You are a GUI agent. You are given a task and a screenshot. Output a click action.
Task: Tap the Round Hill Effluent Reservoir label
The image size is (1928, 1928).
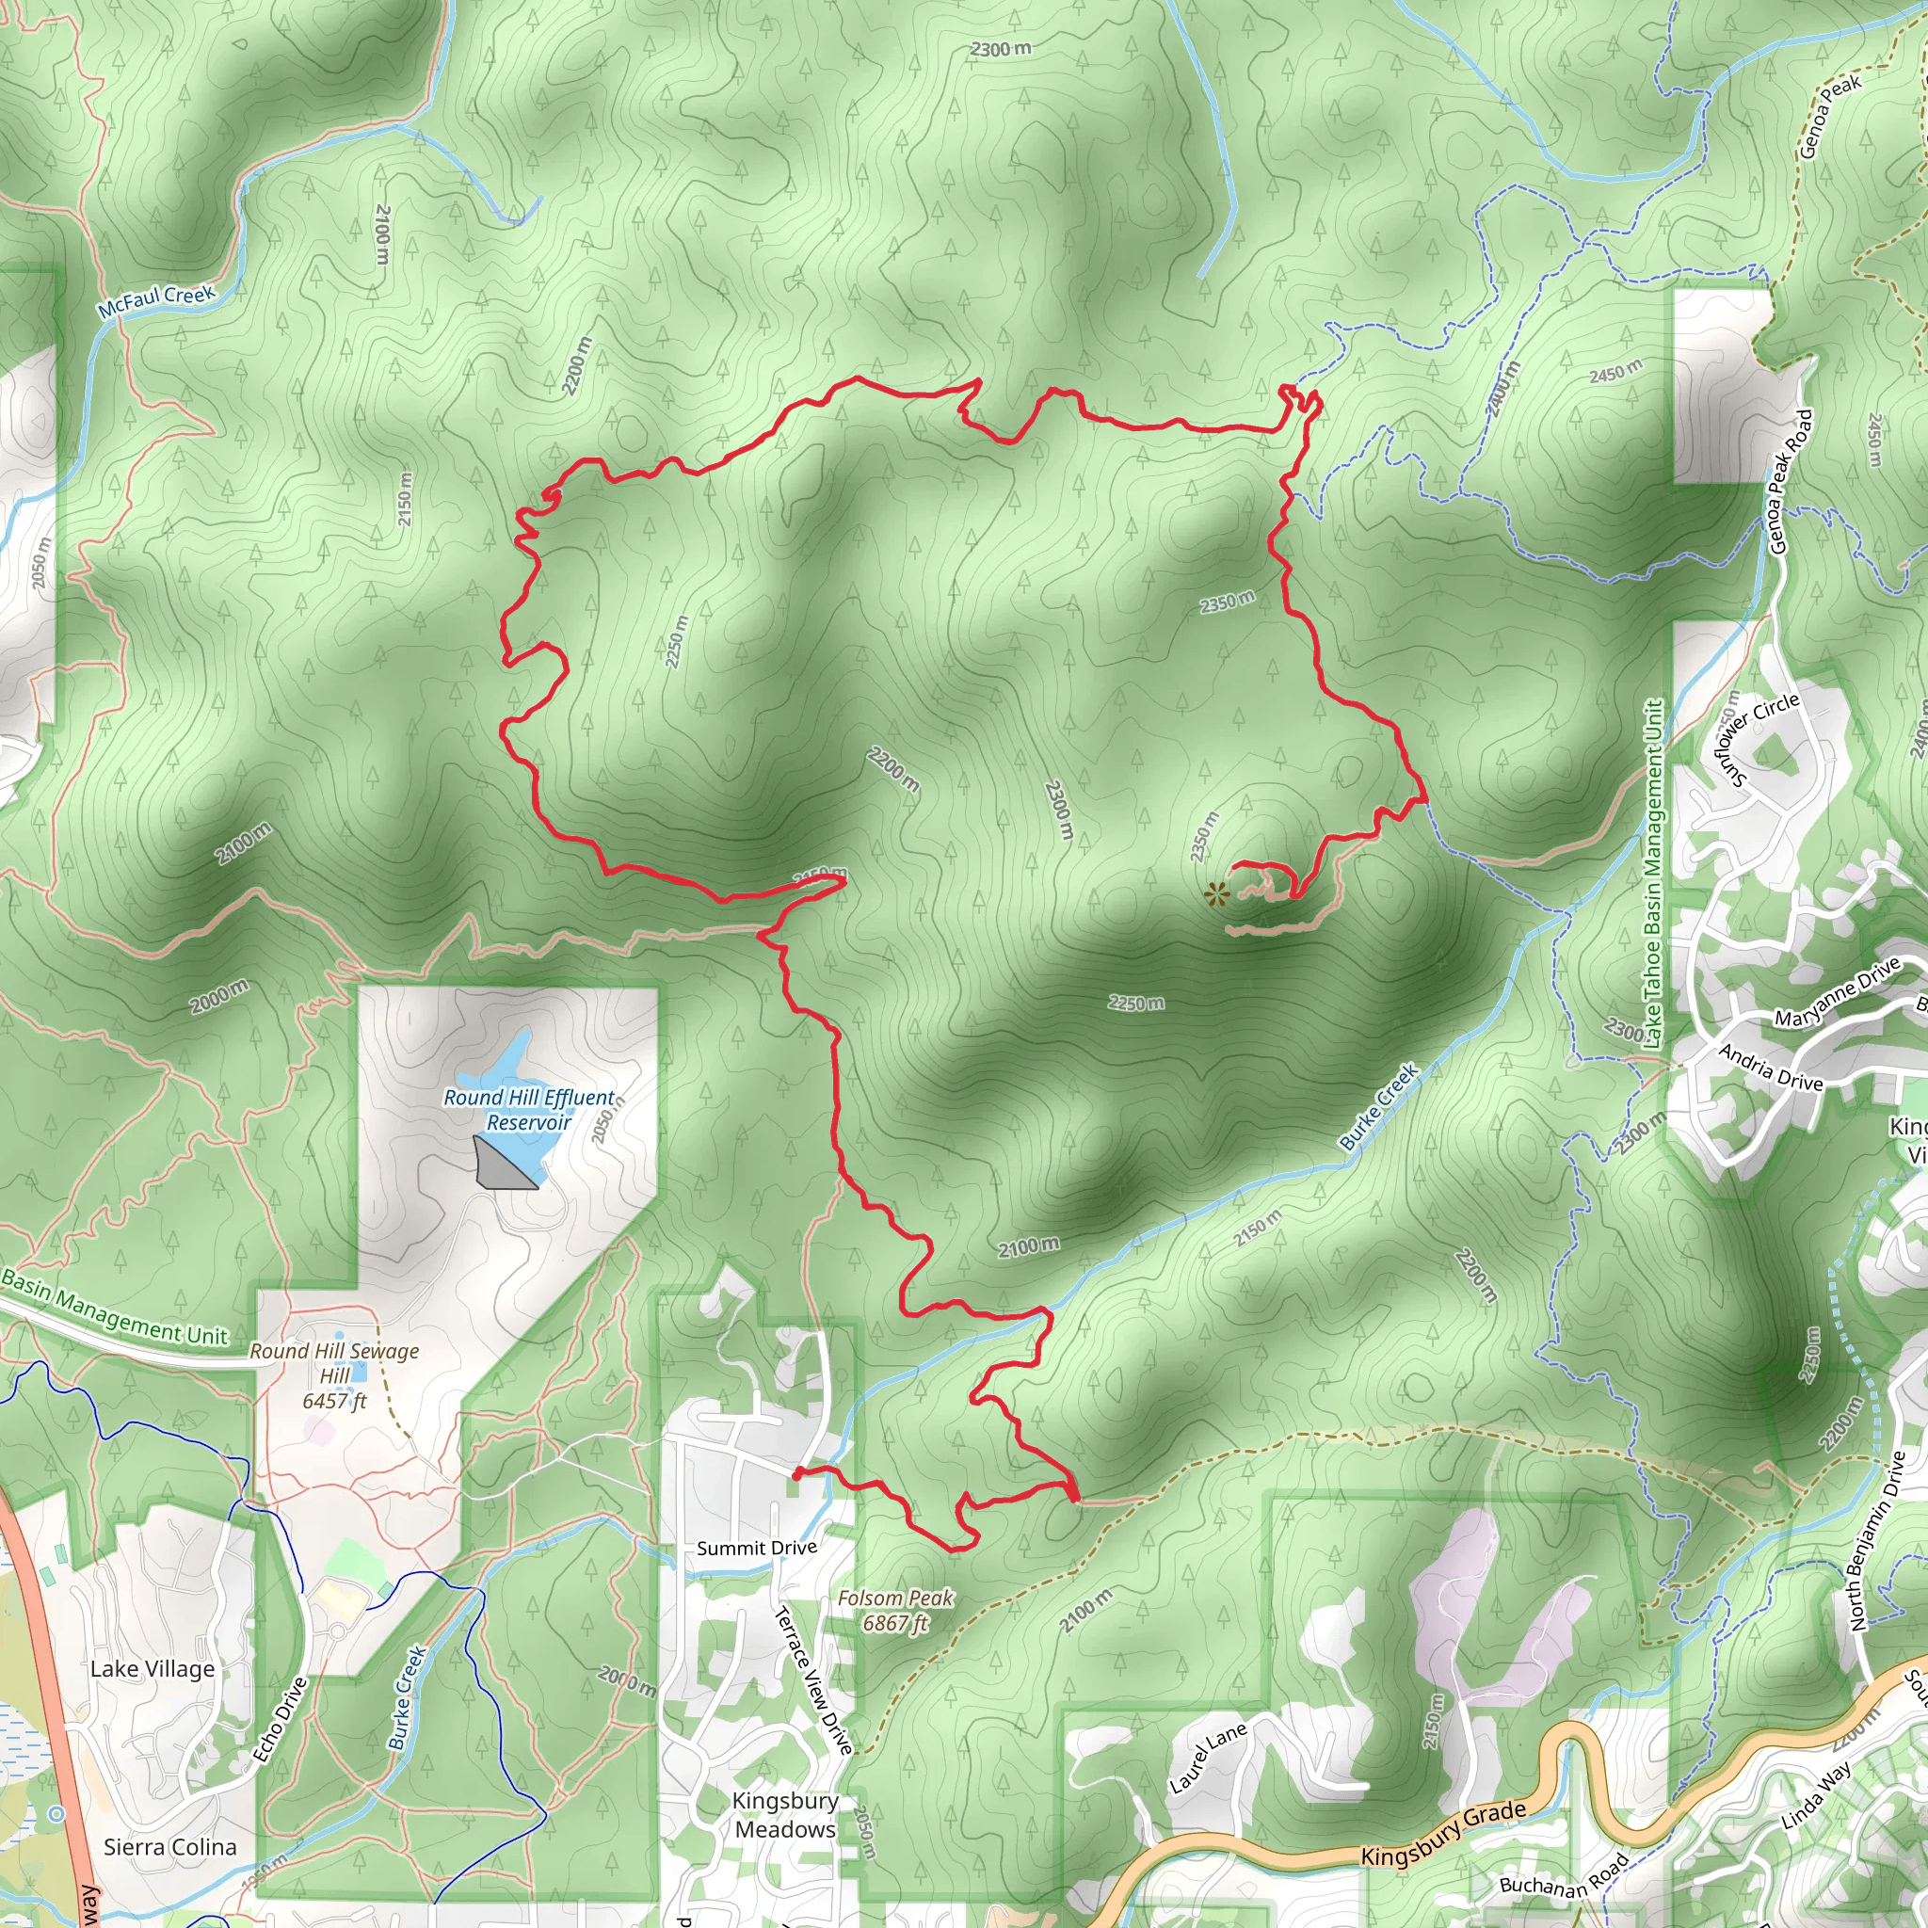tap(529, 1110)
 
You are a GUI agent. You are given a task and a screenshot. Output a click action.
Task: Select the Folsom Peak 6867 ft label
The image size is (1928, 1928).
tap(895, 1611)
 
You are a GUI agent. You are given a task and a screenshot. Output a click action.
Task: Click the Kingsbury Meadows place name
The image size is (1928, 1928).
tap(785, 1815)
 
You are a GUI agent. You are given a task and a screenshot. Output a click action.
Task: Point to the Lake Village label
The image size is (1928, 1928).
tap(153, 1669)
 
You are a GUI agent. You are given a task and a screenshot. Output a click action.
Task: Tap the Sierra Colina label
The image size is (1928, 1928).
tap(169, 1847)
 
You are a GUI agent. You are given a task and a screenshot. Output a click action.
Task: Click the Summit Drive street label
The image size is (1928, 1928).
tap(757, 1548)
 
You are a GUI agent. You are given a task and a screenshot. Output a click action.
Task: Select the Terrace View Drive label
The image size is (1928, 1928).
tap(813, 1680)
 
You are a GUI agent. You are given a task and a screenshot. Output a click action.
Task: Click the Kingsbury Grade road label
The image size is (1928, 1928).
tap(1443, 1833)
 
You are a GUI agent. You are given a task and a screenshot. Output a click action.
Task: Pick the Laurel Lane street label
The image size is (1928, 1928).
tap(1208, 1758)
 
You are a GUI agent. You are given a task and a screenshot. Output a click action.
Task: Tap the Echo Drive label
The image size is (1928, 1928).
tap(280, 1719)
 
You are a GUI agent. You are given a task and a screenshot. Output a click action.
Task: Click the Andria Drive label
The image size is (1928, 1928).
tap(1769, 1067)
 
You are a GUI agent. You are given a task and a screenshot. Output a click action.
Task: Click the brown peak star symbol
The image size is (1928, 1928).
tap(1215, 895)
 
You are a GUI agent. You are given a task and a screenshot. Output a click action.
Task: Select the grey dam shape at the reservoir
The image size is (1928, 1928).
tap(502, 1165)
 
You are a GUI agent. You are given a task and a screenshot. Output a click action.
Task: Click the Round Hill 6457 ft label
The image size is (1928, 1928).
tap(334, 1376)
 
